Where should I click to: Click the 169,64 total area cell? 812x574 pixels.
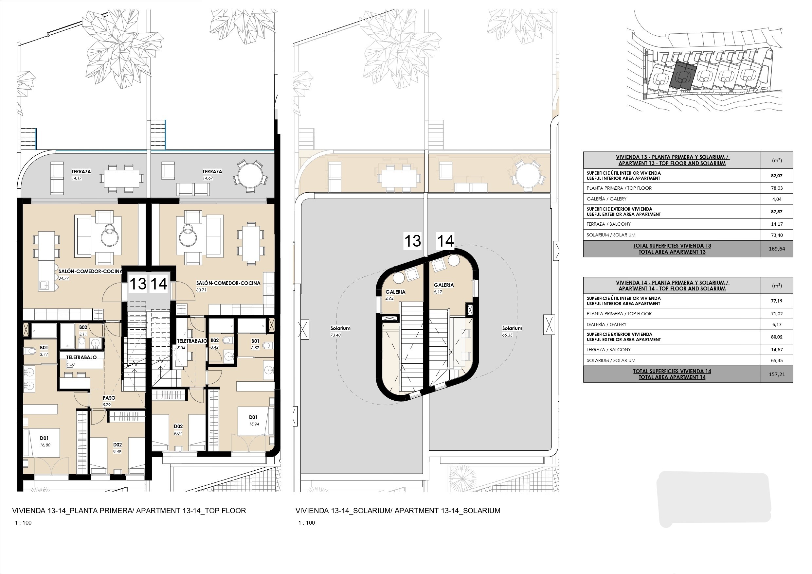(x=777, y=249)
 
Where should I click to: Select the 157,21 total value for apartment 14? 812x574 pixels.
(x=777, y=374)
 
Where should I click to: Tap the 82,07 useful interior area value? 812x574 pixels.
(x=777, y=176)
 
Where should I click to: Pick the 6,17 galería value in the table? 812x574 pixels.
(x=777, y=324)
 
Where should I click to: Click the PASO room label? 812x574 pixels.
(x=109, y=398)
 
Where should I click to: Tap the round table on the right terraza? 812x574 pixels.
(x=250, y=176)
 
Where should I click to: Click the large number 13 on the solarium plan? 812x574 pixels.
(x=412, y=241)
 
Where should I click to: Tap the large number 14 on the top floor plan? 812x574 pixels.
(x=159, y=284)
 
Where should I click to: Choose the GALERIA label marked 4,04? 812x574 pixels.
(x=395, y=292)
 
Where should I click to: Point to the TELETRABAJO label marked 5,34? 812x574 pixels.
(x=192, y=341)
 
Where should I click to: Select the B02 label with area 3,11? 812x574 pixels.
(x=83, y=327)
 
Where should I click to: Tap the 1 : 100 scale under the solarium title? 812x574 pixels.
(x=306, y=523)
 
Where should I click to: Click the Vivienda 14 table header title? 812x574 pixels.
(x=672, y=286)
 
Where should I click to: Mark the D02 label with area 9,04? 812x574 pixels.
(x=178, y=426)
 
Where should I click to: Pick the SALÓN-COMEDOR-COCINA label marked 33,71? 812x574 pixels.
(x=228, y=283)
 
